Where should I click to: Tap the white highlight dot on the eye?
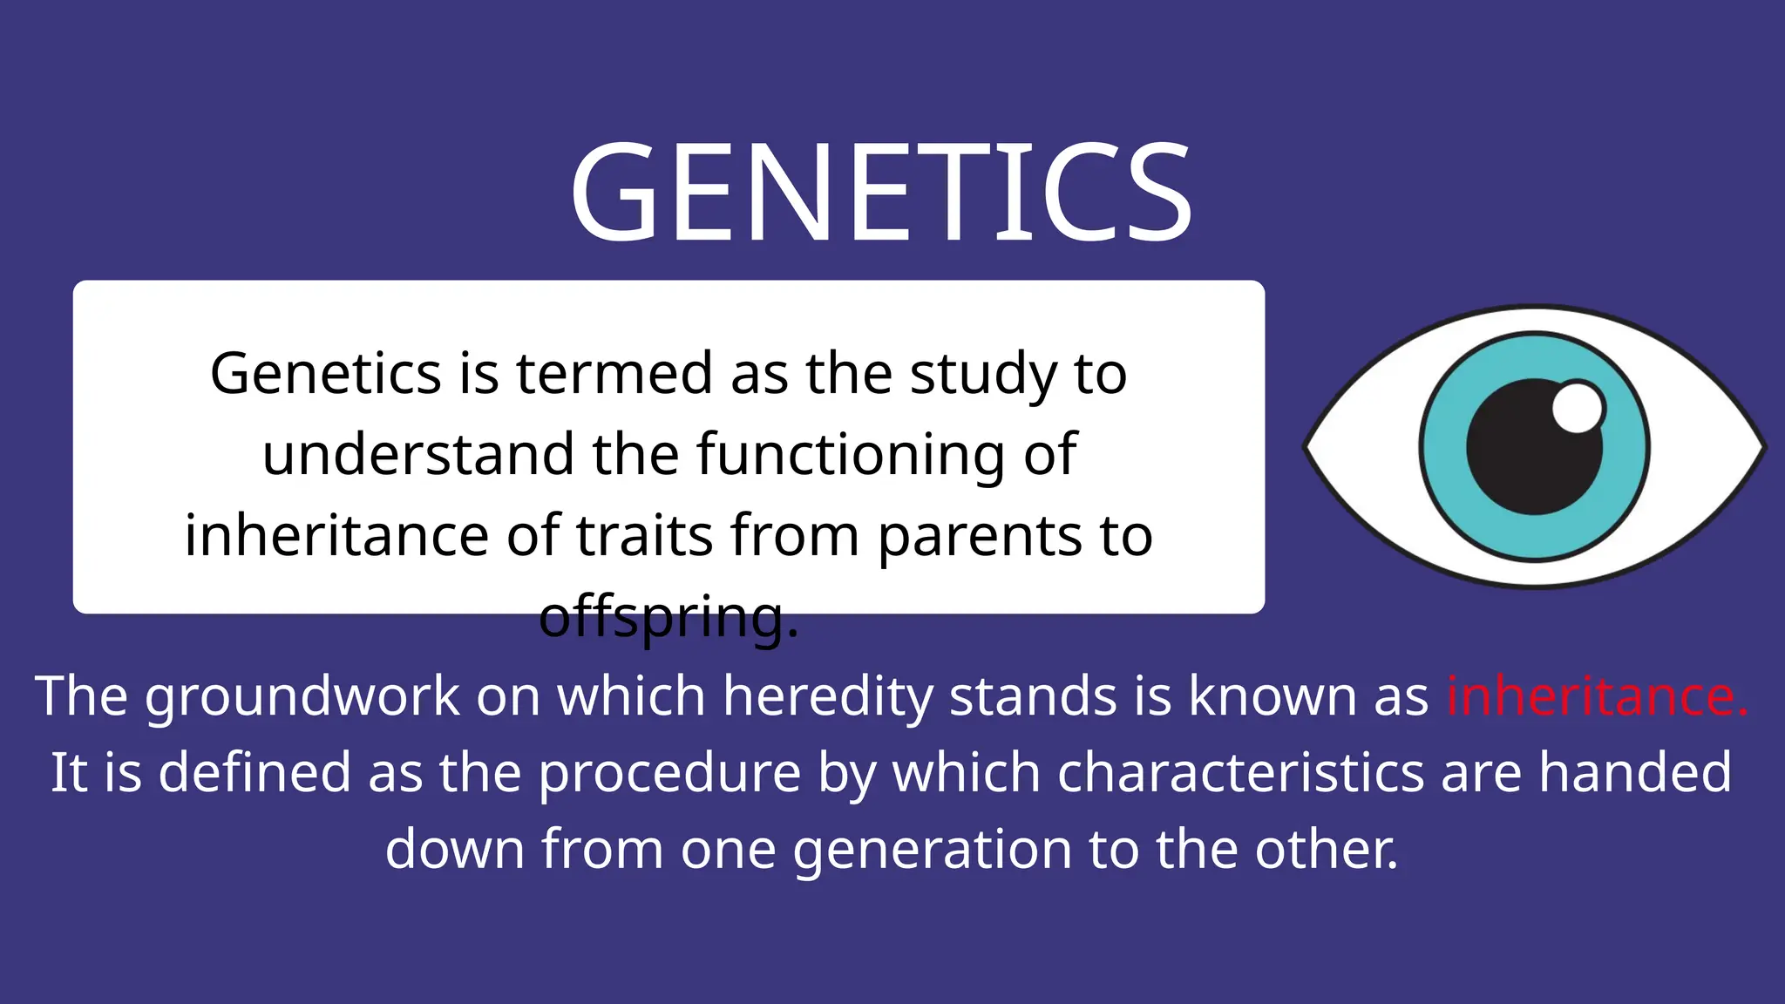point(1578,407)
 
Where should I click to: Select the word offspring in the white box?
point(669,617)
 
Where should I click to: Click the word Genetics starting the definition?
point(325,374)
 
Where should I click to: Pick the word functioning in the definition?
point(851,456)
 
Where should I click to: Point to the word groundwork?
point(302,697)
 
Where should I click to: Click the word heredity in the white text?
point(827,697)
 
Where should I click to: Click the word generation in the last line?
point(932,850)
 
